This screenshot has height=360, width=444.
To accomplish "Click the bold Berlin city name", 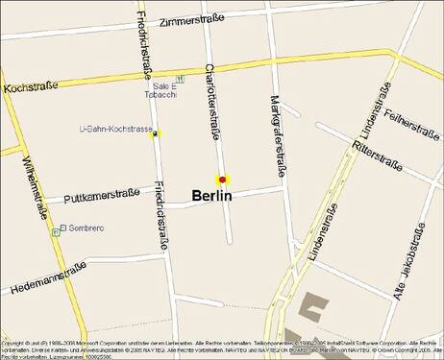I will click(x=211, y=196).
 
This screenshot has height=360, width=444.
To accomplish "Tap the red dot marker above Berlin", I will click(x=222, y=180).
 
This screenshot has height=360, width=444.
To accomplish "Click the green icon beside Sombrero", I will click(x=62, y=228).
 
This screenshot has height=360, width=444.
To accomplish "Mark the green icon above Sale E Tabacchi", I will click(x=176, y=78).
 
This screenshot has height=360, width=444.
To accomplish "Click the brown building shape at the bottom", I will click(x=313, y=307).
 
